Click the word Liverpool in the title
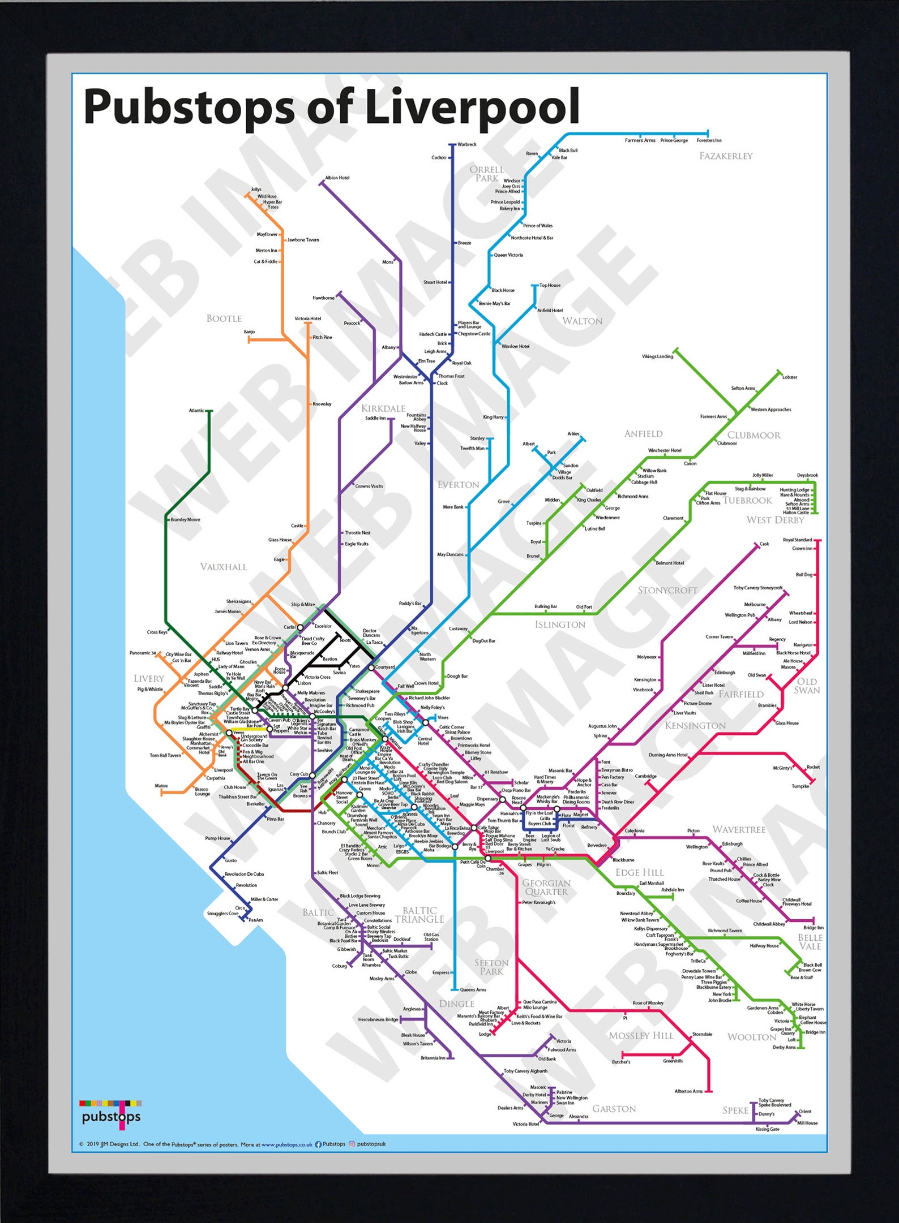click(472, 106)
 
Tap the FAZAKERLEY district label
click(726, 156)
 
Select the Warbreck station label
click(467, 144)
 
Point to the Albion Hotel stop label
click(337, 178)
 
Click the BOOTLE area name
click(224, 318)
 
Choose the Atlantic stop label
click(196, 410)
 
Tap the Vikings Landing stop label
click(657, 356)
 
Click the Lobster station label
click(790, 377)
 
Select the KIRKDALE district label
click(383, 408)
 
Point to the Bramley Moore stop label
click(185, 519)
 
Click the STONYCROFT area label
click(667, 590)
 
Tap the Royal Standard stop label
click(797, 540)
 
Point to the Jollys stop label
click(256, 190)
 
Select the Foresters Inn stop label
click(709, 140)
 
